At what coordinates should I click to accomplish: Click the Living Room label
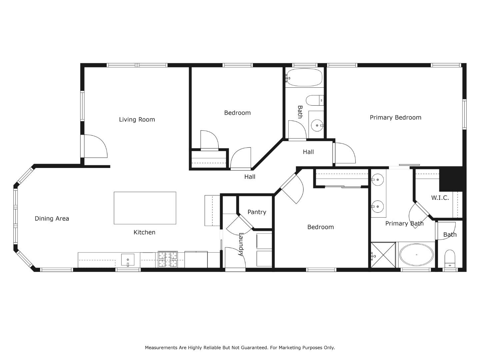pyautogui.click(x=137, y=119)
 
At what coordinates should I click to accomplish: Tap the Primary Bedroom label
pyautogui.click(x=395, y=117)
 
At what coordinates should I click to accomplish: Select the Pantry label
pyautogui.click(x=257, y=212)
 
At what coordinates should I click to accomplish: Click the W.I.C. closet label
pyautogui.click(x=440, y=198)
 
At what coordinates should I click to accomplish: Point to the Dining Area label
pyautogui.click(x=52, y=219)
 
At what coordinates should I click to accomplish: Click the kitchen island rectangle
pyautogui.click(x=145, y=208)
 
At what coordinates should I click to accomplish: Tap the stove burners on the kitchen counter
pyautogui.click(x=168, y=259)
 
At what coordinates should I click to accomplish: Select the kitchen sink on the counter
pyautogui.click(x=128, y=260)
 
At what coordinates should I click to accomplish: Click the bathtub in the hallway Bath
pyautogui.click(x=304, y=77)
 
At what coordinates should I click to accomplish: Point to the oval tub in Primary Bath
pyautogui.click(x=416, y=255)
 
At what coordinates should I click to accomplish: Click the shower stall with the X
pyautogui.click(x=383, y=255)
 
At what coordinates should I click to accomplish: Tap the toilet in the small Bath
pyautogui.click(x=450, y=259)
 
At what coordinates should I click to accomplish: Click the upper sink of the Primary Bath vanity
pyautogui.click(x=378, y=180)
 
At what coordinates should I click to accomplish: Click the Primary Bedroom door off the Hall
pyautogui.click(x=344, y=153)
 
